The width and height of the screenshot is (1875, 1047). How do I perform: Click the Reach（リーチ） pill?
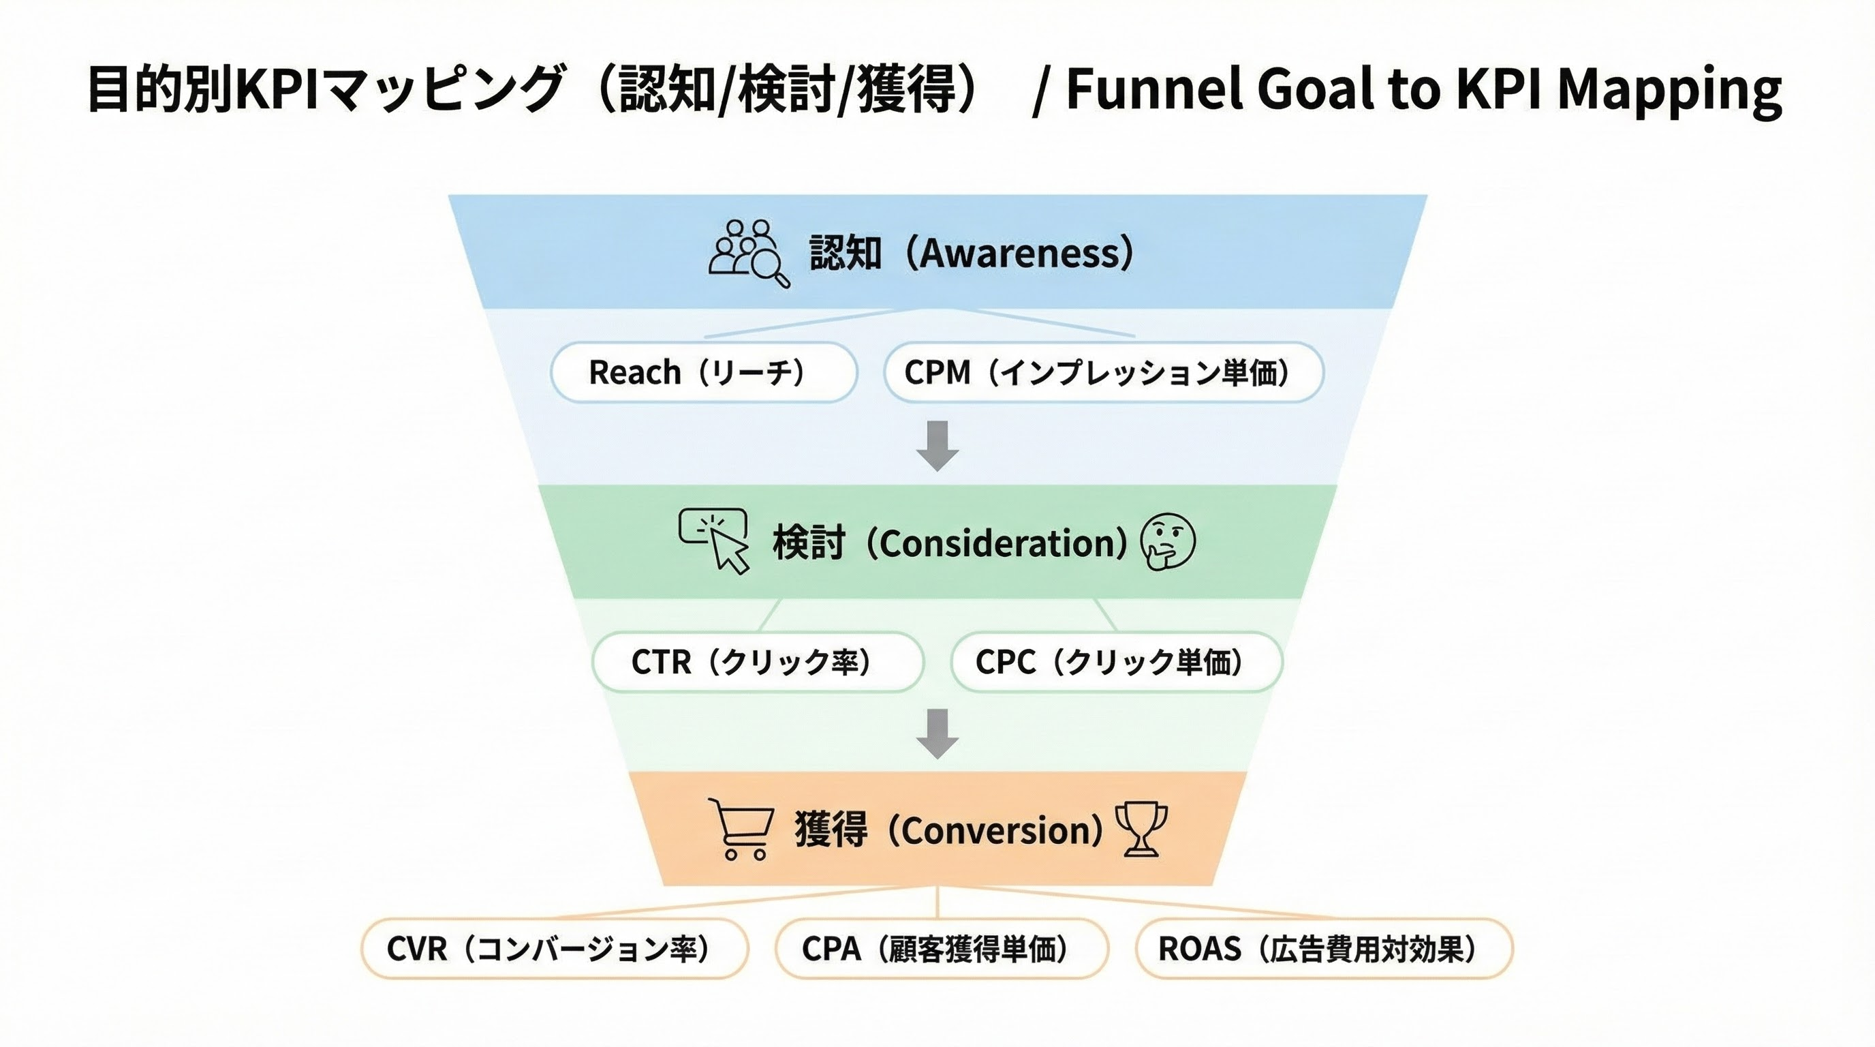click(703, 372)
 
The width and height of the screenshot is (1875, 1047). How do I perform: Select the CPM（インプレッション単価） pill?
click(1104, 372)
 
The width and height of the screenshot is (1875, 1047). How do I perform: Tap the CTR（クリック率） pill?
click(758, 662)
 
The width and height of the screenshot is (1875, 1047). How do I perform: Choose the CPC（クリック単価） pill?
click(1116, 662)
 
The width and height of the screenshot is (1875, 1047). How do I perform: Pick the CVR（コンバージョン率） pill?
click(555, 949)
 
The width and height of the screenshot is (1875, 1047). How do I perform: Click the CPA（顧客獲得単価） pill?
click(941, 949)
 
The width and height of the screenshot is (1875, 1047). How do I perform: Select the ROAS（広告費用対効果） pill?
click(1324, 949)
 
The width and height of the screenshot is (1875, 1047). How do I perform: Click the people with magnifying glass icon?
click(748, 253)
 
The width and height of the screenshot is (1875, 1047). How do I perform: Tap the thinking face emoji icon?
click(1168, 541)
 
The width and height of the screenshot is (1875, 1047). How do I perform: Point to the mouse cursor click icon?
click(715, 539)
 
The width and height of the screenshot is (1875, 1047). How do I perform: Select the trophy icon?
click(1141, 830)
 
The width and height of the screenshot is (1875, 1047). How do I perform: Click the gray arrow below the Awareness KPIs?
click(937, 445)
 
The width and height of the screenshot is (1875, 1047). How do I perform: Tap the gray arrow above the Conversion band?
click(937, 733)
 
